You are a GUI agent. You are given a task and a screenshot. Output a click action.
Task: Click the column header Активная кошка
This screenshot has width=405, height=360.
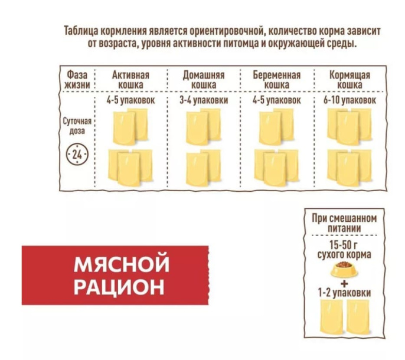(130, 80)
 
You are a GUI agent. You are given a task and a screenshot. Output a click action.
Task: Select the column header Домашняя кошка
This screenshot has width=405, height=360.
(203, 80)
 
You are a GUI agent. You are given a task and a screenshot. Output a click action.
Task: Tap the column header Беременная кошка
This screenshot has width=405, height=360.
(276, 80)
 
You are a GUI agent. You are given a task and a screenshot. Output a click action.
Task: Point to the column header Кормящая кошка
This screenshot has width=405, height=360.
(350, 80)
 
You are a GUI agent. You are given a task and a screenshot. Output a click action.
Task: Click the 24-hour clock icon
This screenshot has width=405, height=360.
(77, 155)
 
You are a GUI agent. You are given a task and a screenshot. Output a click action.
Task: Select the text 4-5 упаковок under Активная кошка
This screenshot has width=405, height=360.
(130, 101)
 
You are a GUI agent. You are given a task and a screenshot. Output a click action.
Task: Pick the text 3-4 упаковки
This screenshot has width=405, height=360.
(203, 101)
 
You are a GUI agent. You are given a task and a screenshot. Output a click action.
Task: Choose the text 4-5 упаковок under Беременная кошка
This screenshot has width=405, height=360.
(276, 101)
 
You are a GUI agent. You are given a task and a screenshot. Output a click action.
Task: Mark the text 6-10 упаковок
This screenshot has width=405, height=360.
(350, 101)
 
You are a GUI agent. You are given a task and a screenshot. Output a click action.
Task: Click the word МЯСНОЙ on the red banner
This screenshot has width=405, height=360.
(122, 263)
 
